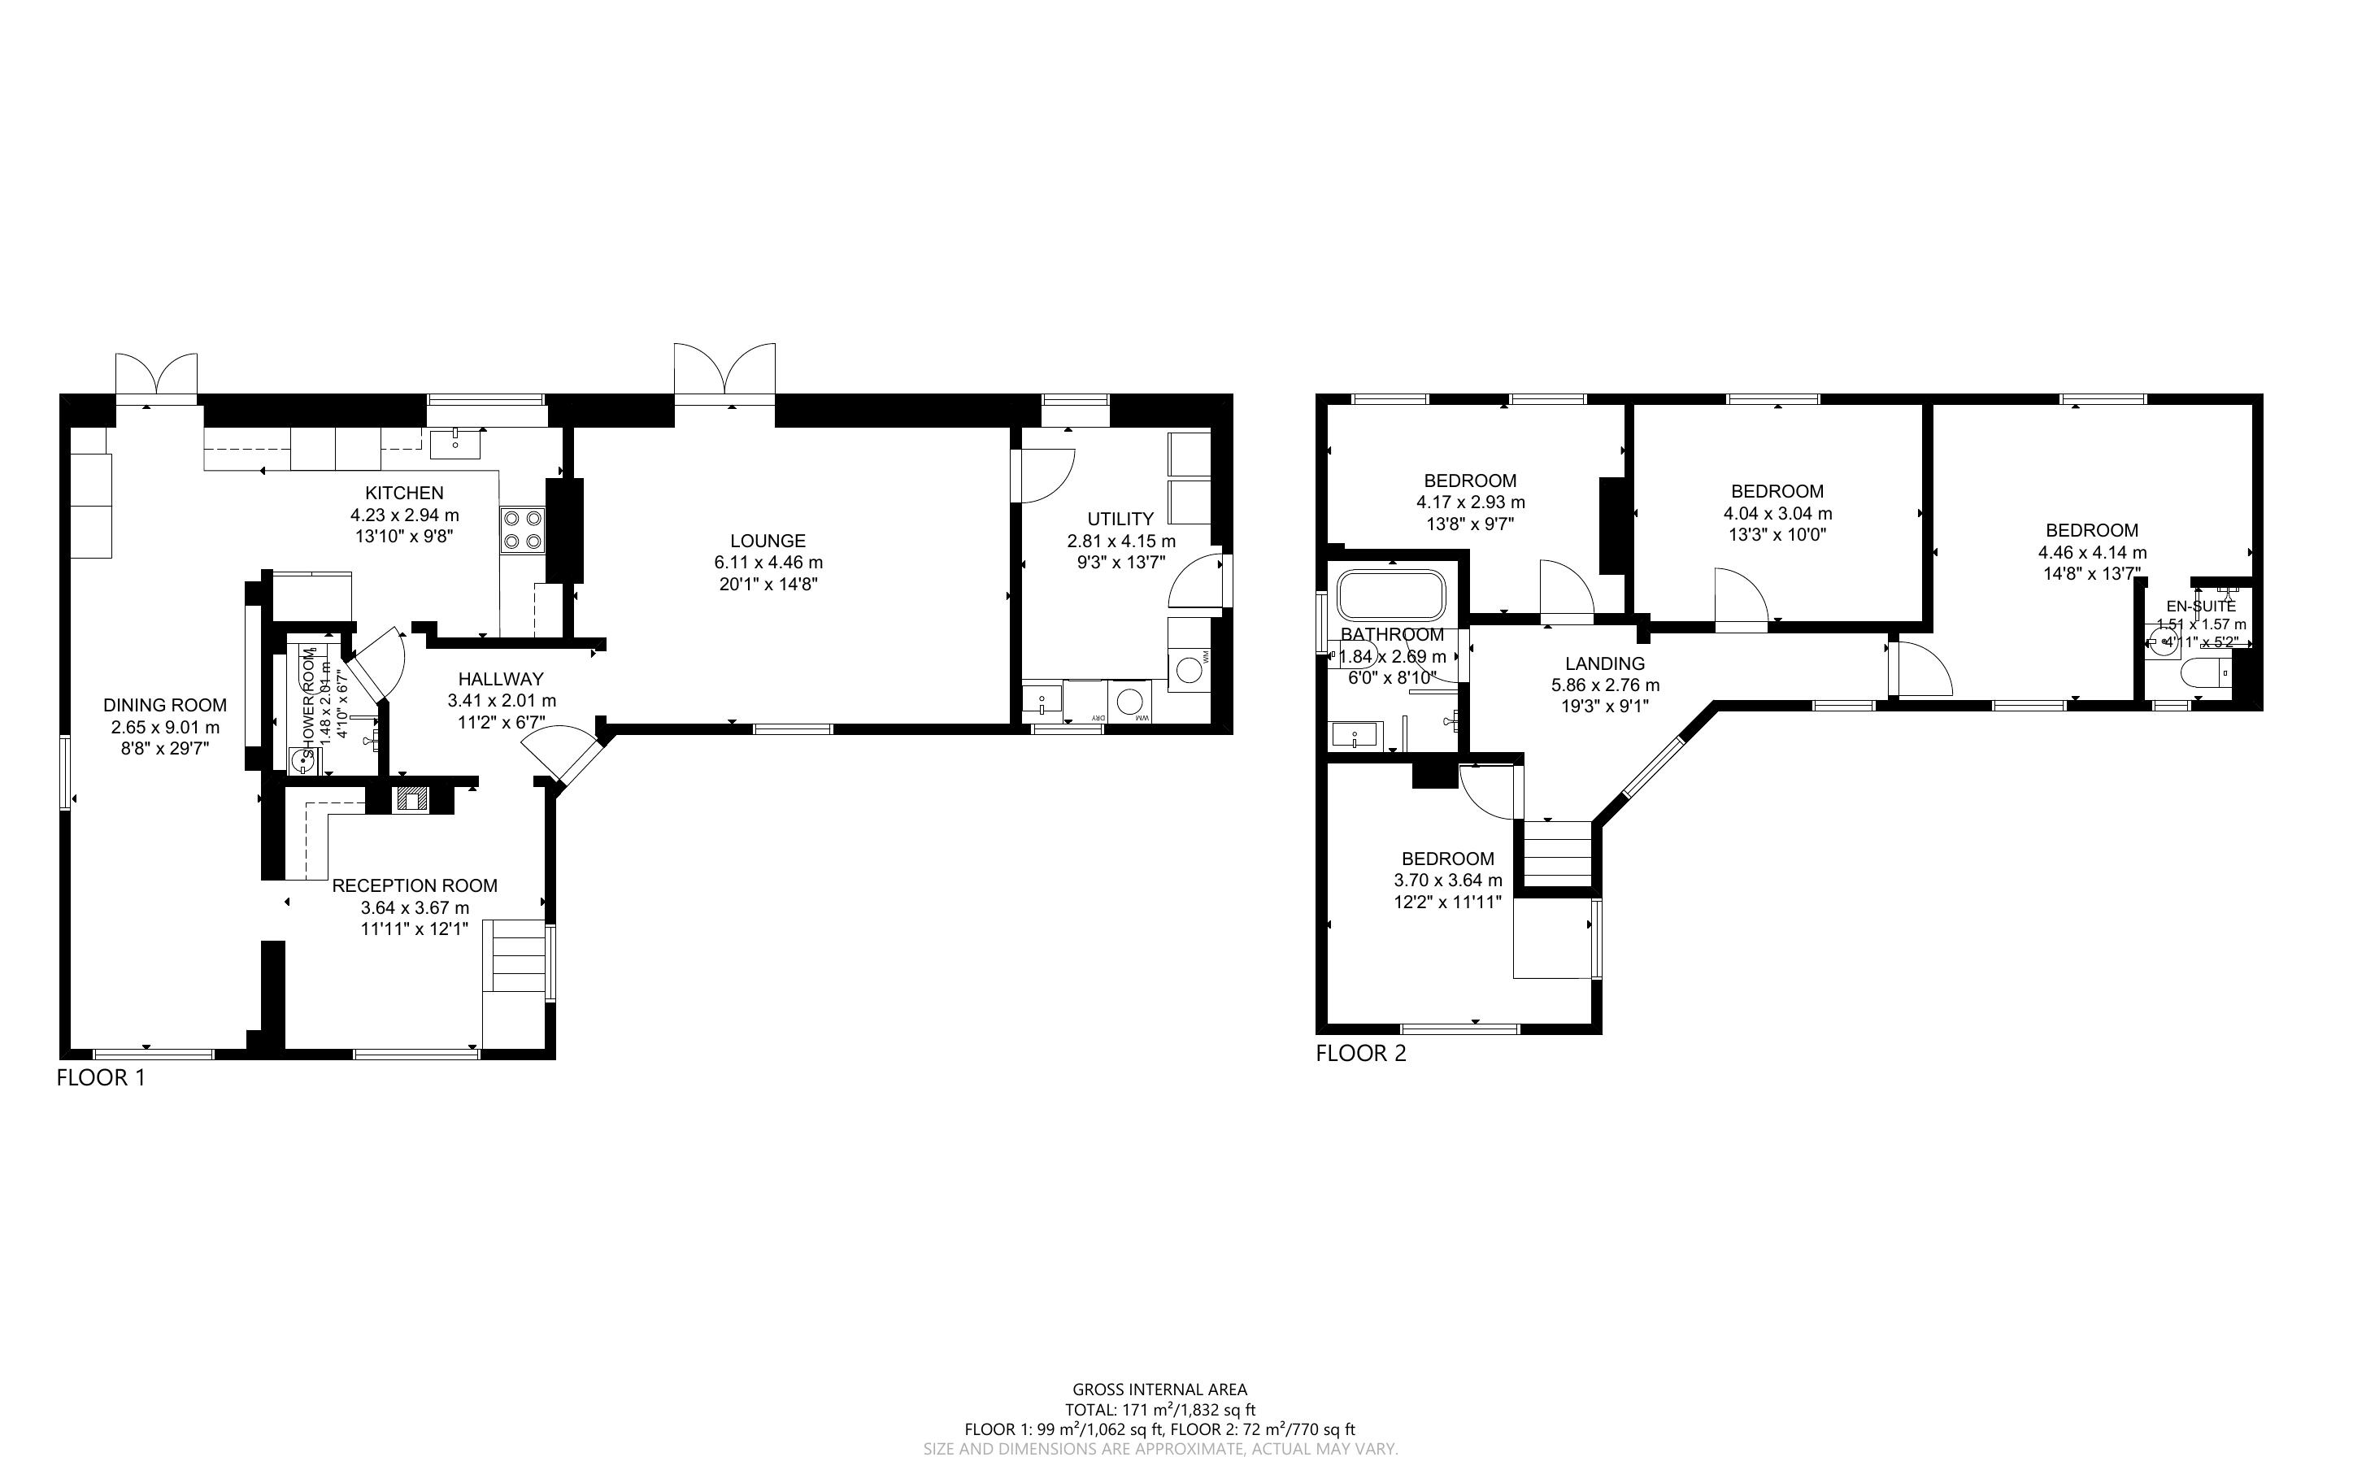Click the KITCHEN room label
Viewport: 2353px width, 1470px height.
pos(404,493)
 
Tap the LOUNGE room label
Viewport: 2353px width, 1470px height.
pos(768,541)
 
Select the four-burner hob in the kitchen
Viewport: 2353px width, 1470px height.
pos(522,530)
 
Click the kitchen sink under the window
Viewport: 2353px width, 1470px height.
pos(455,443)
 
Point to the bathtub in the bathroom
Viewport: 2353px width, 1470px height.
pos(1391,594)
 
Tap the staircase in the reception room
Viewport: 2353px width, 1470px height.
pos(516,955)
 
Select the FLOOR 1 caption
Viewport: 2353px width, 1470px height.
pos(101,1077)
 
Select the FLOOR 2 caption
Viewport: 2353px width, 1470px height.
pos(1361,1053)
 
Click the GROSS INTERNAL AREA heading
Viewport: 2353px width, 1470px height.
pos(1159,1390)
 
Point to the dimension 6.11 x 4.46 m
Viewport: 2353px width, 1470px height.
pos(768,562)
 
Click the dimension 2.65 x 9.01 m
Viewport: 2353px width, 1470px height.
pos(165,727)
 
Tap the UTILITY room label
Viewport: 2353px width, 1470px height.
pos(1120,520)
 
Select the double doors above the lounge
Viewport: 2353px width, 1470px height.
pos(725,372)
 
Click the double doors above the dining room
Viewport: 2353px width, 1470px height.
pos(156,376)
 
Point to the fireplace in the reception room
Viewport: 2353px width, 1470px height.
pos(410,799)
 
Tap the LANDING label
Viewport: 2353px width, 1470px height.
pos(1605,663)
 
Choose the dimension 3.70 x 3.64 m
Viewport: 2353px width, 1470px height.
pos(1447,880)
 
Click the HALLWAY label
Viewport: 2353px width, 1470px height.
pos(501,679)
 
